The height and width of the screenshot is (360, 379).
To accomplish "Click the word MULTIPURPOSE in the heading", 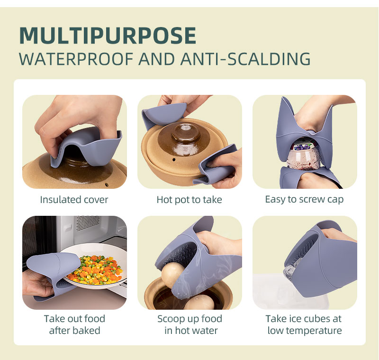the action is click(x=108, y=35).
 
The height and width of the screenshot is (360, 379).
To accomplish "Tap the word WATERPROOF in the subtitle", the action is click(x=76, y=59).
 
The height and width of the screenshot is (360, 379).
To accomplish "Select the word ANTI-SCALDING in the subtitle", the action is click(x=245, y=59).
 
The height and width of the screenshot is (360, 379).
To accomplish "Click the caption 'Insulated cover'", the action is click(x=74, y=200).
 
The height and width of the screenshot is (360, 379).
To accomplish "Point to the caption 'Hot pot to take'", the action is click(x=189, y=200).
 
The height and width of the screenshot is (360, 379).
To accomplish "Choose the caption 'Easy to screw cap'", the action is click(x=304, y=200).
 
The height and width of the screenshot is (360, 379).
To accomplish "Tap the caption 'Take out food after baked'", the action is click(x=74, y=324).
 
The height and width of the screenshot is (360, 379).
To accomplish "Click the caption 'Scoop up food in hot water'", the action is click(x=190, y=324).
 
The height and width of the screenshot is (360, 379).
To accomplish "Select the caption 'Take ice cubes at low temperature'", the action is click(x=304, y=324).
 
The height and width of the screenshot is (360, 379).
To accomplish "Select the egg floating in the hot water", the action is click(x=200, y=303).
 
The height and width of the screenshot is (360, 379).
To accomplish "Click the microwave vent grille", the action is click(x=88, y=222).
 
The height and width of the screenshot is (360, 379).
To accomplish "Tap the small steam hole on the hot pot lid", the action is click(x=174, y=160).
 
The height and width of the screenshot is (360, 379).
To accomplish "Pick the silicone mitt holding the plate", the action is click(x=53, y=275).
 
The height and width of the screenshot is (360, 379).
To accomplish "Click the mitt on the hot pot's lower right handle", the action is click(x=217, y=165).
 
